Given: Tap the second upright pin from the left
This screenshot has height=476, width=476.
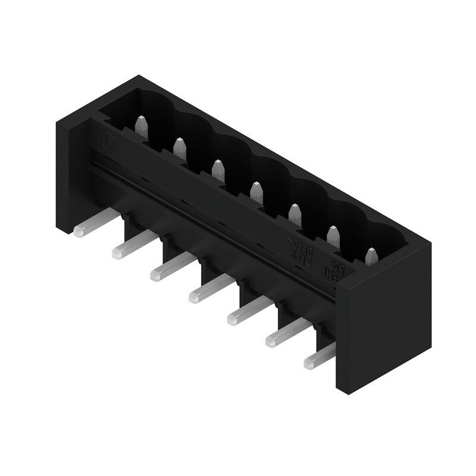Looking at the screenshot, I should pyautogui.click(x=178, y=146).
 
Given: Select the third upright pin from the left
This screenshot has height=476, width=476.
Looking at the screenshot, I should pyautogui.click(x=218, y=168).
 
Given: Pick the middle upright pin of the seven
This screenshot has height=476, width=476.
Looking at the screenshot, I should pyautogui.click(x=256, y=190).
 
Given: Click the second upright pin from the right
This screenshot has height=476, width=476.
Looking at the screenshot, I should pyautogui.click(x=331, y=234).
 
